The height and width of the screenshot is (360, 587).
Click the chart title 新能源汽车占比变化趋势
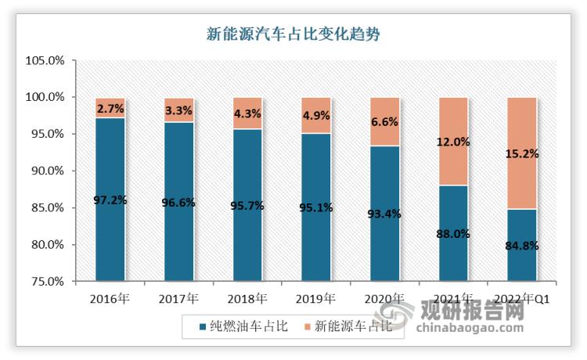[293, 34]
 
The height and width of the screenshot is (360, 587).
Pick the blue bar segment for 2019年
[315, 235]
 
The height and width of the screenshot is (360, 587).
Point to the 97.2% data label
[110, 200]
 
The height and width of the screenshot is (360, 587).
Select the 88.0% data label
[453, 233]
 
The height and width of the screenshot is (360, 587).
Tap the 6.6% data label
[384, 122]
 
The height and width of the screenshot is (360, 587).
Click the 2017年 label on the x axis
[178, 298]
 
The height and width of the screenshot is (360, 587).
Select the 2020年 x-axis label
[384, 298]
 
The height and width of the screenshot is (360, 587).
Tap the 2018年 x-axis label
[247, 298]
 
